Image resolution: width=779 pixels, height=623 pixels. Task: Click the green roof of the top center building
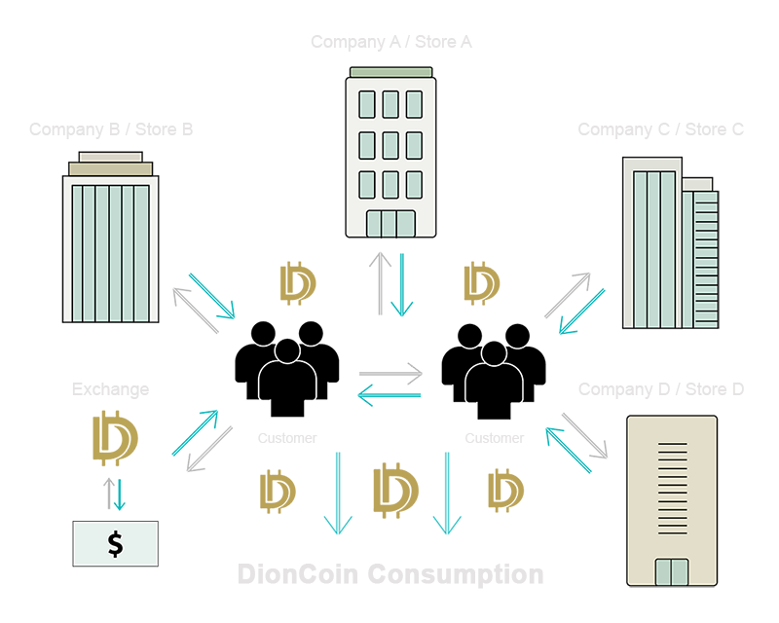pyautogui.click(x=390, y=72)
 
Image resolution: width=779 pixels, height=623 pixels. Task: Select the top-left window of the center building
pyautogui.click(x=367, y=102)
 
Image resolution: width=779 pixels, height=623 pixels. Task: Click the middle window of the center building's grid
pyautogui.click(x=390, y=144)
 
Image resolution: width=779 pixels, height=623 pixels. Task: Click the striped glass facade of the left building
pyautogui.click(x=109, y=249)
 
